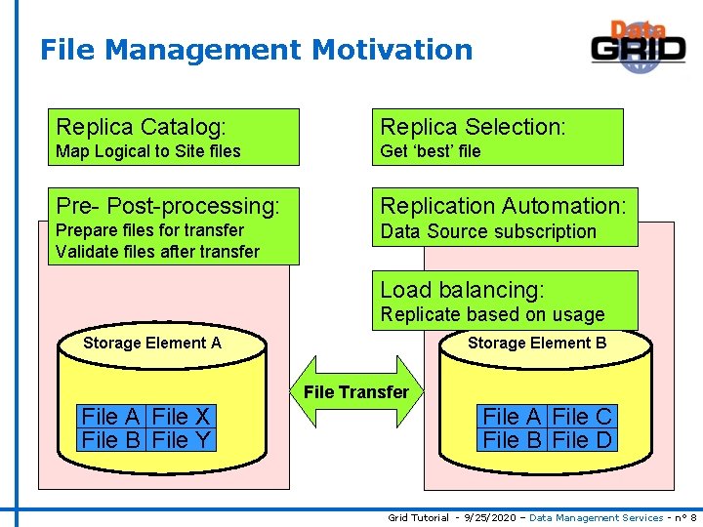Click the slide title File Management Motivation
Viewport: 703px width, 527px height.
[x=256, y=50]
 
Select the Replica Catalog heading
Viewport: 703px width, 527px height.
[x=142, y=127]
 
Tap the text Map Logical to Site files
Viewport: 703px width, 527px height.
[x=148, y=151]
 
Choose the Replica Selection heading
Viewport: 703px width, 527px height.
[x=473, y=127]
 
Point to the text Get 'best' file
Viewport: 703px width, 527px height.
[x=431, y=151]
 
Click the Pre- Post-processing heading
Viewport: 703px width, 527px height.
[x=168, y=206]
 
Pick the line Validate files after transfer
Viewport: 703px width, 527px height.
[x=158, y=252]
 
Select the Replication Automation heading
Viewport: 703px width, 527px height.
[x=503, y=206]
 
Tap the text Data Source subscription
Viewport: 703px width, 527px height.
[x=488, y=231]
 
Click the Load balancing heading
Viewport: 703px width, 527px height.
[x=462, y=290]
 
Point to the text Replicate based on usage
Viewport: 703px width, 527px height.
[x=492, y=314]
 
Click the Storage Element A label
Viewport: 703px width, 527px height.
[x=152, y=343]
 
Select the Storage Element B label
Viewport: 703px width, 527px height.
[x=537, y=343]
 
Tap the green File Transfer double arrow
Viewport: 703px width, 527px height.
[x=356, y=392]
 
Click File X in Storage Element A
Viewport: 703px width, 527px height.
[x=182, y=417]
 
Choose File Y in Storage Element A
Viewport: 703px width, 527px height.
[x=182, y=440]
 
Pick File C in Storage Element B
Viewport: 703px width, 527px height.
[x=582, y=417]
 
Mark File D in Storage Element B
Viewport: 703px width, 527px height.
[x=582, y=440]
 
